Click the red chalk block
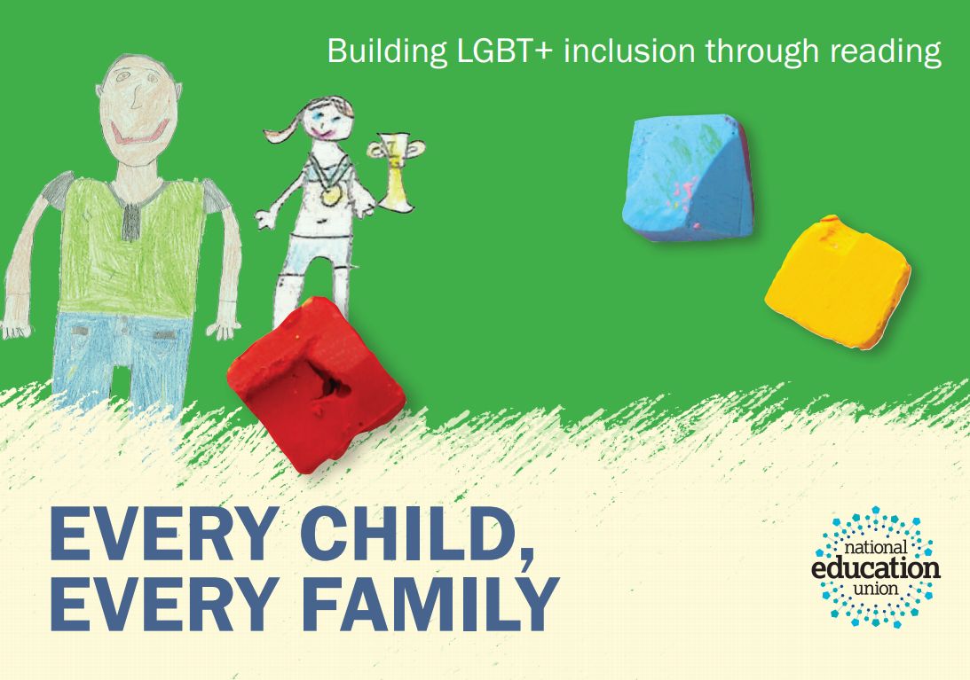(316, 385)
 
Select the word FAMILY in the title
(430, 604)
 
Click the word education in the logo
(875, 567)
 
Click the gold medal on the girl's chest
(330, 195)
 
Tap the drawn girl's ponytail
(285, 129)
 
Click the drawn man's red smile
(140, 134)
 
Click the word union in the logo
(875, 588)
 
